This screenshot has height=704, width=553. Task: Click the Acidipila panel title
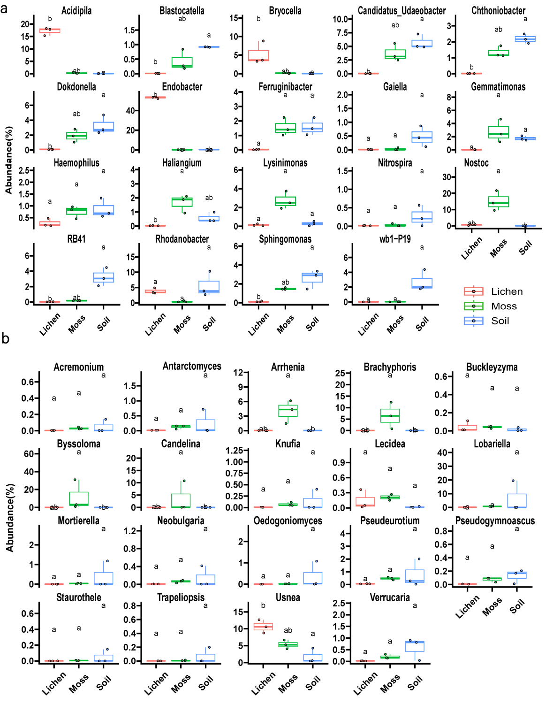click(76, 10)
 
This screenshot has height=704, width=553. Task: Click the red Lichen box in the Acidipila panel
click(50, 31)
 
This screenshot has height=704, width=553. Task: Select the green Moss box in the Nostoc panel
click(498, 202)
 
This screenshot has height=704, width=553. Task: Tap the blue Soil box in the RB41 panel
click(103, 277)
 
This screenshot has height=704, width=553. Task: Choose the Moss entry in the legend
click(504, 306)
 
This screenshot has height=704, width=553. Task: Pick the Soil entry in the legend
click(500, 321)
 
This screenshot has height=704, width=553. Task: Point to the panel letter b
click(5, 338)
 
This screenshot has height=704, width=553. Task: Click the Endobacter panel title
click(182, 87)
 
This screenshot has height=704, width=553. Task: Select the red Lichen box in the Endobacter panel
click(155, 97)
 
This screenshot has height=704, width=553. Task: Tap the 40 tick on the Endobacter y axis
click(131, 111)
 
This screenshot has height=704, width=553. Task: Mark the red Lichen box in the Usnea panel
click(263, 627)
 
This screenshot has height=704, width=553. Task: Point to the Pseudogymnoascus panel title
click(495, 520)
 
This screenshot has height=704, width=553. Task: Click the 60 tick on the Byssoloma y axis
click(29, 453)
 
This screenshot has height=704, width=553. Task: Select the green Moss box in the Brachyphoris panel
click(390, 416)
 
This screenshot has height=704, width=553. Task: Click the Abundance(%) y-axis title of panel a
click(8, 160)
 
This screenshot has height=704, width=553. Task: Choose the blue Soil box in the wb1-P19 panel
click(422, 283)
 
